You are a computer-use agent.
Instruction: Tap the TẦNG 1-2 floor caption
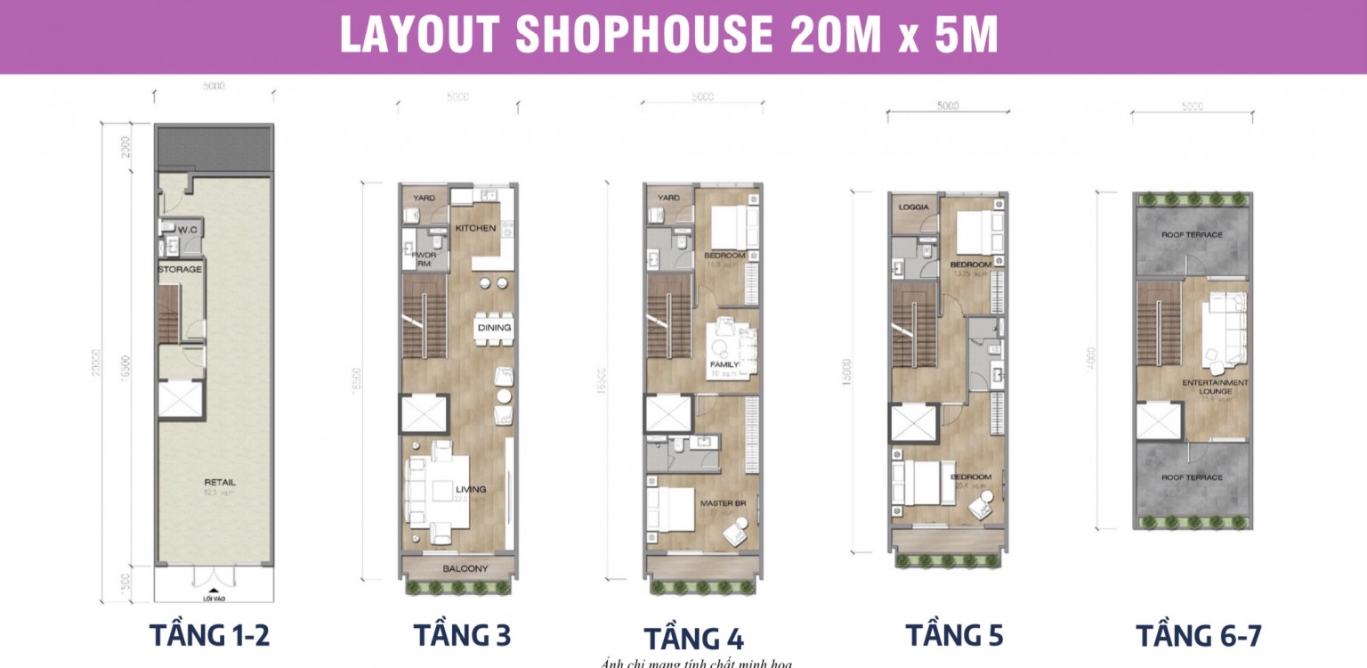pos(209,636)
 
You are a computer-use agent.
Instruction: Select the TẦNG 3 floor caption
pos(462,636)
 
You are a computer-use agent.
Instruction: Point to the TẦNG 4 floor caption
pos(693,639)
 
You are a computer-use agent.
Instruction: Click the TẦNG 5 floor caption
pos(955,636)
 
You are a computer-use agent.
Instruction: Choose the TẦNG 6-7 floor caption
pos(1198,636)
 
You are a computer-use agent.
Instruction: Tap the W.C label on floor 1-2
pos(187,230)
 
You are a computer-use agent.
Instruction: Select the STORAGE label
pos(180,269)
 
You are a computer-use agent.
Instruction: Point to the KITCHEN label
pos(475,229)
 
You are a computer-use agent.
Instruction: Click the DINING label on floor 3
pos(494,328)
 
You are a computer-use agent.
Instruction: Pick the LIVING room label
pos(471,490)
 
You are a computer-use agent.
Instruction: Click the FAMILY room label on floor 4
pos(725,365)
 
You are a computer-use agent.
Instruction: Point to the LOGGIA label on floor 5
pos(914,208)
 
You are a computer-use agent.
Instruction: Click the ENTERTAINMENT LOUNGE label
pos(1215,387)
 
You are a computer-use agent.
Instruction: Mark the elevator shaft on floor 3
pos(425,414)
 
